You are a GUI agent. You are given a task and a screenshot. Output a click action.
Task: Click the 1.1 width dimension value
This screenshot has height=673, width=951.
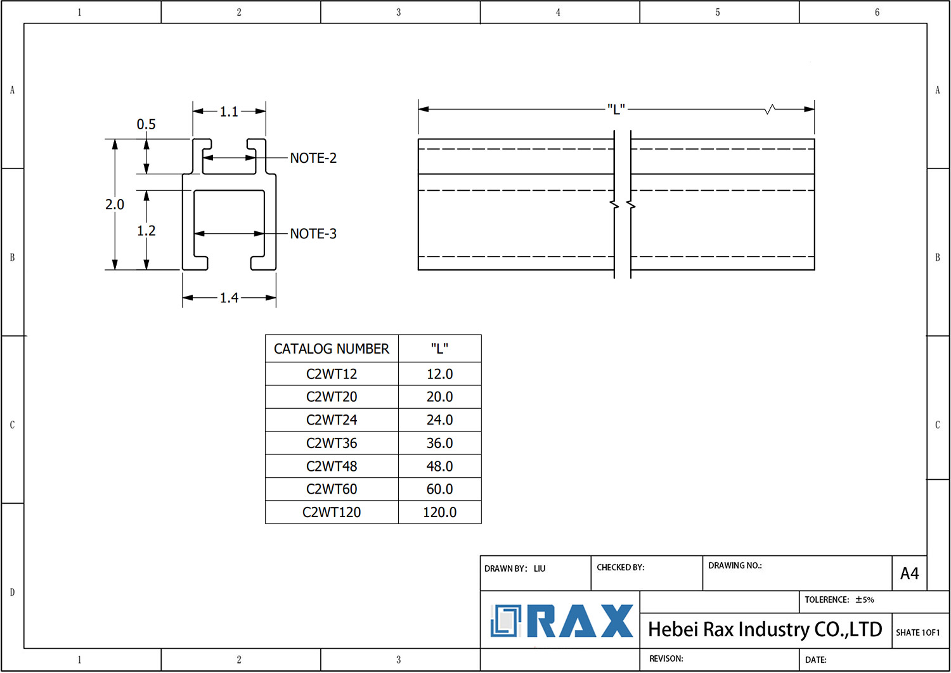(x=229, y=112)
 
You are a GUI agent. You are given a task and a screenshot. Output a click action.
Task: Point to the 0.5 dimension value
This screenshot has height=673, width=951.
(x=146, y=124)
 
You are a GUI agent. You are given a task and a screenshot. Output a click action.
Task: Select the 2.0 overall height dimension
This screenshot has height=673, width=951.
(x=115, y=204)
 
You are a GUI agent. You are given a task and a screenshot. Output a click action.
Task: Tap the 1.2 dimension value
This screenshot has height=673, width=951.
(x=146, y=231)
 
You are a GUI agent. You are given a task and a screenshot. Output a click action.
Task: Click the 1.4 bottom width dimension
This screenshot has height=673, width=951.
(x=229, y=298)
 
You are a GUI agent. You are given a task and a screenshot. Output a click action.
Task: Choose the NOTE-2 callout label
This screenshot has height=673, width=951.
(x=313, y=158)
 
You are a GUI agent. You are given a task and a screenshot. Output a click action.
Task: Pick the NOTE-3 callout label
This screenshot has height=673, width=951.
(x=313, y=234)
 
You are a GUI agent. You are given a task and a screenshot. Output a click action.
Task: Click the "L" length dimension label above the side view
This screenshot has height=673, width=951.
(x=616, y=109)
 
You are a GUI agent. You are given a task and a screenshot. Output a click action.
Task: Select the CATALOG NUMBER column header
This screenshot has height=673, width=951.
(x=332, y=349)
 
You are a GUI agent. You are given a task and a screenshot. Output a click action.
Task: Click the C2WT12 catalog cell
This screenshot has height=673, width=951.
(x=332, y=374)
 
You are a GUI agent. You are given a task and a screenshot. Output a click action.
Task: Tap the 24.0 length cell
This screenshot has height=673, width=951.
(x=439, y=420)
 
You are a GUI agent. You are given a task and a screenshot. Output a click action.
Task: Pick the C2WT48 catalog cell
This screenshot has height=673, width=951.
(x=332, y=466)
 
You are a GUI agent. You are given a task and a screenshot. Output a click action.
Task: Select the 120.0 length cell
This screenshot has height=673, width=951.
(x=439, y=512)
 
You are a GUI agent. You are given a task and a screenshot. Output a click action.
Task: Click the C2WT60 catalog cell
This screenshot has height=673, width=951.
(x=332, y=489)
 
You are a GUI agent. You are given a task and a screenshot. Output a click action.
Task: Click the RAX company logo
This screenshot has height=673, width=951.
(x=562, y=620)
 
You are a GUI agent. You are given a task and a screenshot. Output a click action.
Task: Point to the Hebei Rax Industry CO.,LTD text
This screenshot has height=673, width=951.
(x=765, y=629)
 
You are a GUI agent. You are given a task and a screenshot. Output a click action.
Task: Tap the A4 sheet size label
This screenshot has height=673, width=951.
(x=909, y=574)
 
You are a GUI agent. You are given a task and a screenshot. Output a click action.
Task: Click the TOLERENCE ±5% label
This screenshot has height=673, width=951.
(x=839, y=599)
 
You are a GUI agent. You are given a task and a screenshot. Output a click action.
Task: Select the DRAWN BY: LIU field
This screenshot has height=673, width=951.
(x=515, y=568)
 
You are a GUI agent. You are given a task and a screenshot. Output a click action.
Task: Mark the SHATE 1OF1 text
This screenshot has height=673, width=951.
(x=917, y=632)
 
